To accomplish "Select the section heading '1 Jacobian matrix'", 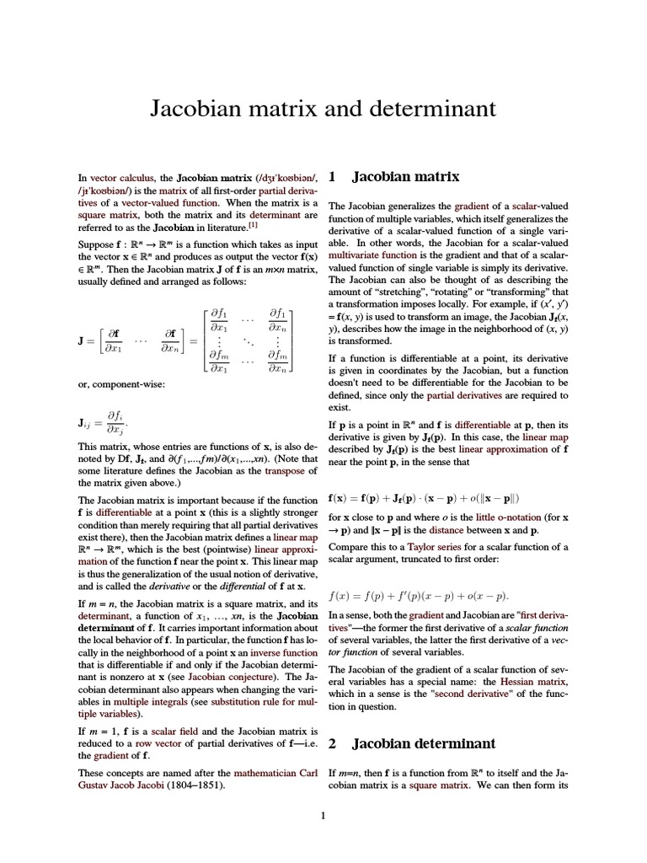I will [x=394, y=177].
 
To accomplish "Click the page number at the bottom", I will [x=323, y=815].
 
